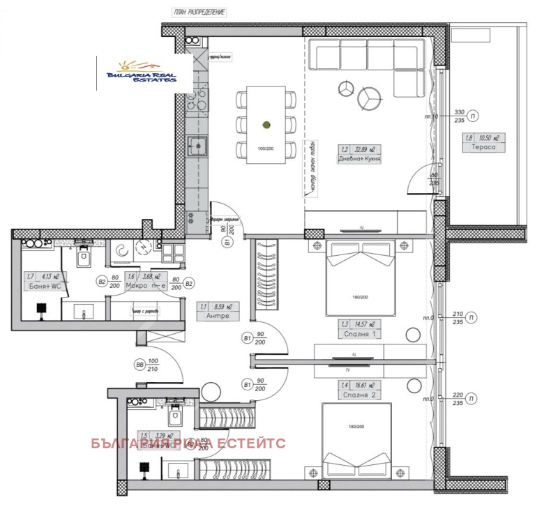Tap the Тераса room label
[483, 148]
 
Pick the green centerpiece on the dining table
[266, 125]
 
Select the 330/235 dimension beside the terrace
[459, 116]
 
